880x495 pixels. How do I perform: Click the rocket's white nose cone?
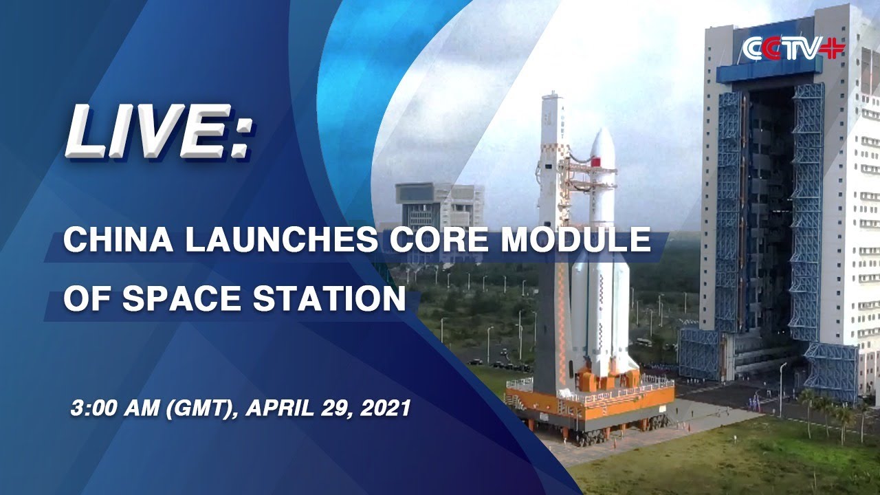(x=602, y=144)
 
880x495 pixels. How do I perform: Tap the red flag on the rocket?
(x=596, y=162)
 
